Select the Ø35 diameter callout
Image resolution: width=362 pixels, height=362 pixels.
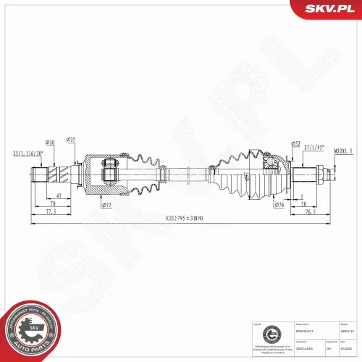click(71, 138)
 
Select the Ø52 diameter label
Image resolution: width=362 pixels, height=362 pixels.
click(295, 143)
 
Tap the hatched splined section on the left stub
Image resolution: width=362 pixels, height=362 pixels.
click(57, 174)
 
